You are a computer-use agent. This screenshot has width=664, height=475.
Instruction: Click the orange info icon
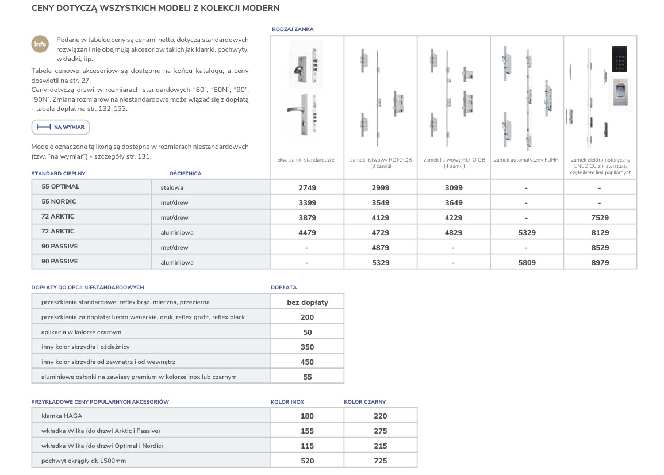coord(40,44)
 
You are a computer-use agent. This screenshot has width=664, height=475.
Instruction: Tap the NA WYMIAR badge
coord(60,127)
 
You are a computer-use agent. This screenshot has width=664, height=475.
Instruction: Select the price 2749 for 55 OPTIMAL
coord(307,188)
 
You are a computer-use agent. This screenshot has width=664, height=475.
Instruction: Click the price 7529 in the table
coord(600,218)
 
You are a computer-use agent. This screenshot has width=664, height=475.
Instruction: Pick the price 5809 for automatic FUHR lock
coord(526,263)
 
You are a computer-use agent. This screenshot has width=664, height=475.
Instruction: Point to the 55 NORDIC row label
coord(59,202)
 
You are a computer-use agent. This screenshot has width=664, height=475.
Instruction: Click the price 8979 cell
coord(600,263)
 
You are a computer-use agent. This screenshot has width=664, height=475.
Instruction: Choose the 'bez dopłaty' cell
coord(308,302)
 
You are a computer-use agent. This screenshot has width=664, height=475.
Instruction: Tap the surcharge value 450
coord(308,362)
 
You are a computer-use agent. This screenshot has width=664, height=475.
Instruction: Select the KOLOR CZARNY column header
coord(365,402)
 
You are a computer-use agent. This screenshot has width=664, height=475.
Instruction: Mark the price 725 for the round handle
coord(380,461)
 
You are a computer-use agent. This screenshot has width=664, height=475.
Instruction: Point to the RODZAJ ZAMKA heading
coord(292,29)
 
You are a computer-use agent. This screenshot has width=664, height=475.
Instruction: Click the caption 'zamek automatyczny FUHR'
coord(526,160)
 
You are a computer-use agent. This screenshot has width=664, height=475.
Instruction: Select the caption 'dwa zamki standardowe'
coord(306,160)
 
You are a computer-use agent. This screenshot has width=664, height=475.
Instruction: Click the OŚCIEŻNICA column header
coord(185,174)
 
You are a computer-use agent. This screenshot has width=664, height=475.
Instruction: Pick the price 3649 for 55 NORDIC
coord(453,203)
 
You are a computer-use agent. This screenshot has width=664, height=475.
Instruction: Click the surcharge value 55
coord(308,377)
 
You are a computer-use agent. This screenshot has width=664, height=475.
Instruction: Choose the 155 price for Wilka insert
coord(308,431)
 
